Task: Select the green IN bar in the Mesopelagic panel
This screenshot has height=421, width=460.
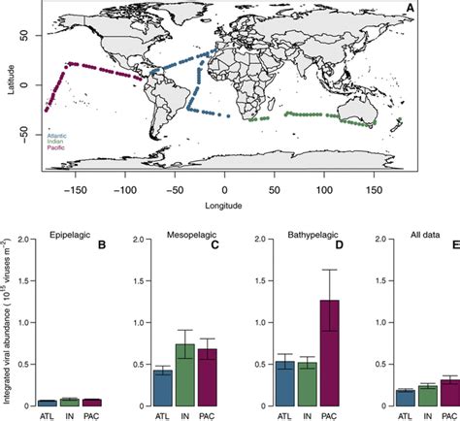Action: pos(184,374)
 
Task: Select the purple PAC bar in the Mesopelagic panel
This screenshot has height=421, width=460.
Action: pos(206,376)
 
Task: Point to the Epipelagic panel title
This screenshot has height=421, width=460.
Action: pos(69,234)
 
